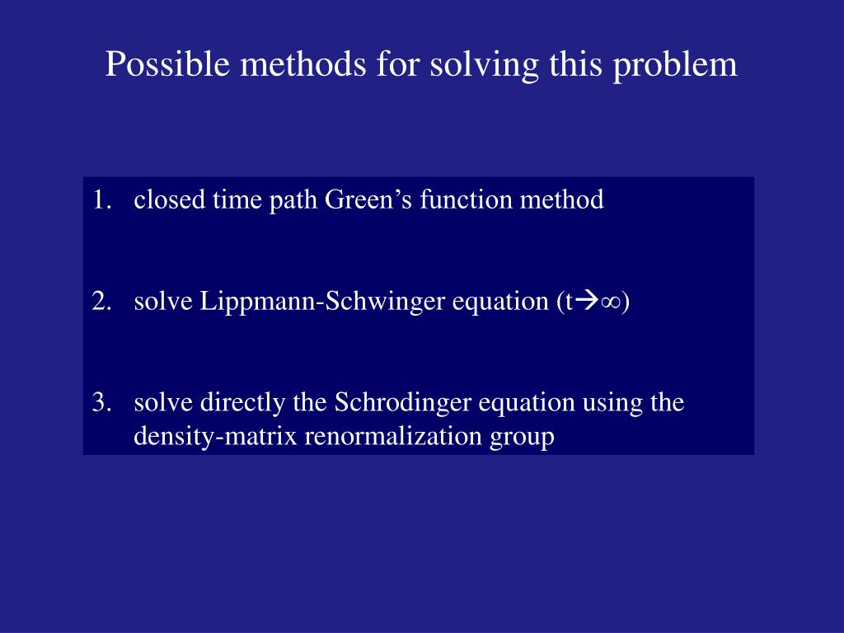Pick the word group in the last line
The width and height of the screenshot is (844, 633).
[523, 437]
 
